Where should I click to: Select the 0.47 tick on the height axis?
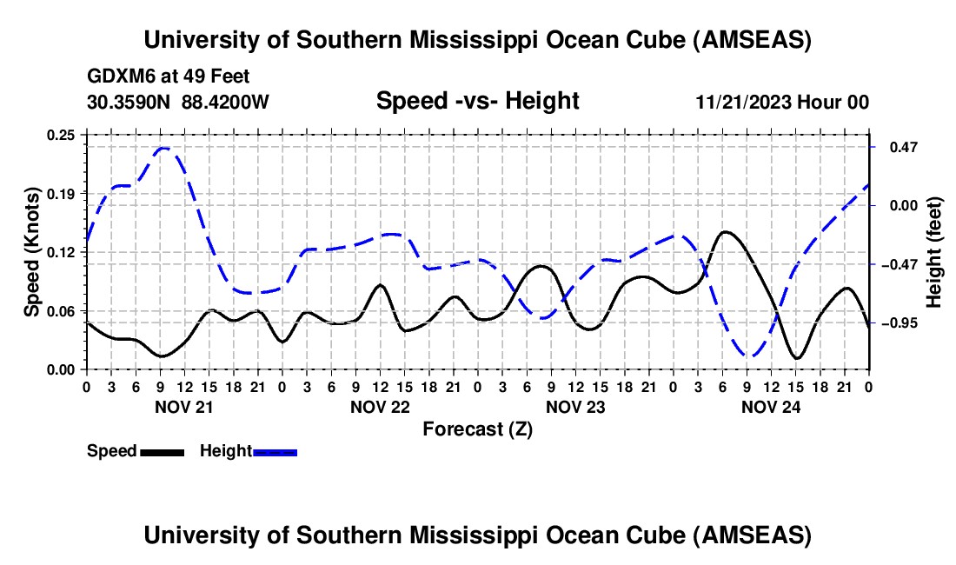tap(894, 147)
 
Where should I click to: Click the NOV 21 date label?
tap(184, 406)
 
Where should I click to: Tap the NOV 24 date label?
tap(772, 406)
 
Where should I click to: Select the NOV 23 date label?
tap(575, 406)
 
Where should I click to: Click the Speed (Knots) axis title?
tap(31, 251)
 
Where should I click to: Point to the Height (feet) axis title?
tap(934, 251)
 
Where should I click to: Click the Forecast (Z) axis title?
tap(477, 429)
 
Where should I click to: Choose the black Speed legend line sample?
tap(162, 452)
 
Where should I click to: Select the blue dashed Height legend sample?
tap(275, 452)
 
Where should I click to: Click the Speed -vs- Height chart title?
tap(477, 101)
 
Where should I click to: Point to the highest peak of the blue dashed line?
tap(163, 148)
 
